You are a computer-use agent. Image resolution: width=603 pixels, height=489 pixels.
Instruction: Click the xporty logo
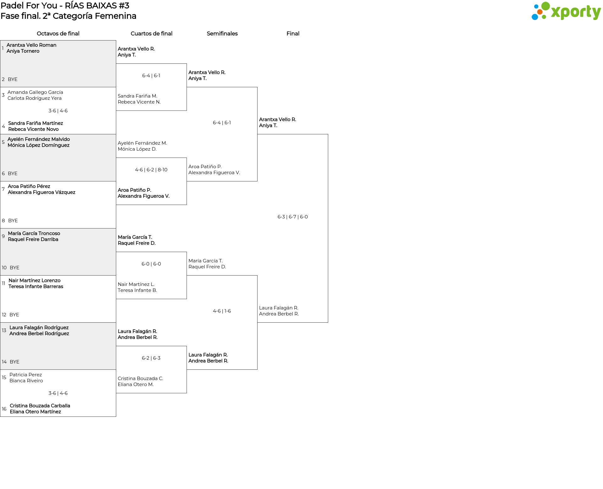click(x=566, y=11)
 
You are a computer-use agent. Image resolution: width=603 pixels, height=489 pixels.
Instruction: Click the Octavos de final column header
click(x=58, y=34)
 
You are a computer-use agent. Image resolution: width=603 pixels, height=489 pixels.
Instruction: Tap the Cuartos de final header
click(x=151, y=34)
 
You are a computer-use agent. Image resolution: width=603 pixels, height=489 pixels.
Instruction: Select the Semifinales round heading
click(x=222, y=34)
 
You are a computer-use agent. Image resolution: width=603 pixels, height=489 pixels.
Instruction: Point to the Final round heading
click(x=293, y=34)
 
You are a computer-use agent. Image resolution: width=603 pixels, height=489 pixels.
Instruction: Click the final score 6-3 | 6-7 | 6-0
click(x=293, y=217)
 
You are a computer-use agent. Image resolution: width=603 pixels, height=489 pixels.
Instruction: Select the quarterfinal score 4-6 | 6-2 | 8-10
click(x=151, y=170)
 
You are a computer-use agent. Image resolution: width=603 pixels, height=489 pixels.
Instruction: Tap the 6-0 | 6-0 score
click(x=151, y=264)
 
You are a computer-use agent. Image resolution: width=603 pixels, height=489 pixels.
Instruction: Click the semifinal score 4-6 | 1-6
click(x=222, y=311)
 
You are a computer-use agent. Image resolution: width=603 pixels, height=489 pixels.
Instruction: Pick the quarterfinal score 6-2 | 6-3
click(x=151, y=358)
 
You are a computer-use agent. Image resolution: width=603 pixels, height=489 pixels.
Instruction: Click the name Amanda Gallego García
click(x=35, y=92)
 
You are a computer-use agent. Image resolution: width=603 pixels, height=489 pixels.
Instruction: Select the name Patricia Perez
click(x=25, y=375)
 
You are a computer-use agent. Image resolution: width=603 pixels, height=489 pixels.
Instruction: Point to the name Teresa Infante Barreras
click(x=36, y=287)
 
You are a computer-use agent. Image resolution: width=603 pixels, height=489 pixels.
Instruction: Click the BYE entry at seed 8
click(x=13, y=221)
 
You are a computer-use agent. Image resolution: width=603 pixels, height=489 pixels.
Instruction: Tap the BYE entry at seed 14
click(x=14, y=362)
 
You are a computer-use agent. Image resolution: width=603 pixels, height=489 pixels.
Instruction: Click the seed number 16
click(x=4, y=409)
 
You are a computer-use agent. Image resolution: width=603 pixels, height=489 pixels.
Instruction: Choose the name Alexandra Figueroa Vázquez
click(x=41, y=192)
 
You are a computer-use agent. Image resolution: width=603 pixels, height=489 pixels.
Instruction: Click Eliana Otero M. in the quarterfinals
click(x=136, y=384)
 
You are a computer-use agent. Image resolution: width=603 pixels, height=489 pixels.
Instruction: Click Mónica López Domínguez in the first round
click(x=38, y=145)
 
